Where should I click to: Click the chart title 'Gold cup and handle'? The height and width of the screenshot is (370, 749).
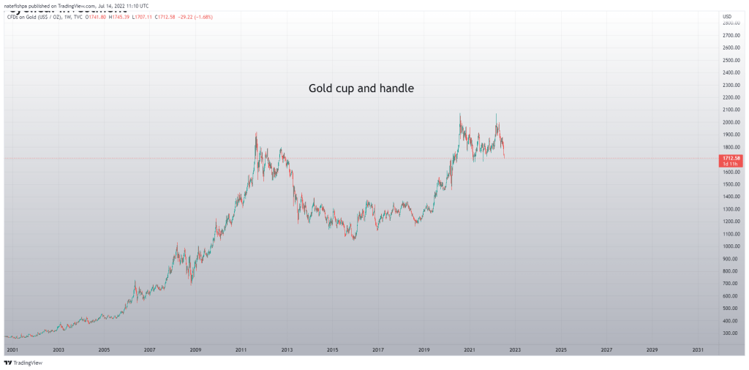tap(361, 88)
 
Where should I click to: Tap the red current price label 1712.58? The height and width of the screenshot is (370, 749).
tap(731, 157)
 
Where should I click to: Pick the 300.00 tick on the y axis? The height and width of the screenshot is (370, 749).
tap(729, 333)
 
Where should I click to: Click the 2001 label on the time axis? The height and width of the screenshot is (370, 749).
tap(12, 350)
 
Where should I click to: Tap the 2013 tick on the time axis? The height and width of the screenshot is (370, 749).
tap(287, 350)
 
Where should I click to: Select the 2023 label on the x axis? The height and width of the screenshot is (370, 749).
tap(515, 350)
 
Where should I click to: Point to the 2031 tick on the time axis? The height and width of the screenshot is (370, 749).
tap(698, 350)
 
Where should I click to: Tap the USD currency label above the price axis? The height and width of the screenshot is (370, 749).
tap(727, 16)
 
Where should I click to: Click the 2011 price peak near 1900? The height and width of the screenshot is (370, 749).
tap(255, 134)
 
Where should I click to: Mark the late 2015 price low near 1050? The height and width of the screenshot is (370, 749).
tap(354, 238)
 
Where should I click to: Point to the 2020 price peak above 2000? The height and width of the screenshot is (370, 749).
tap(460, 115)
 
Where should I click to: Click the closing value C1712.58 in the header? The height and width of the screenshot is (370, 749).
tap(170, 16)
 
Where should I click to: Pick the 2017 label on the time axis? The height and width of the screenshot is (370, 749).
tap(377, 350)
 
